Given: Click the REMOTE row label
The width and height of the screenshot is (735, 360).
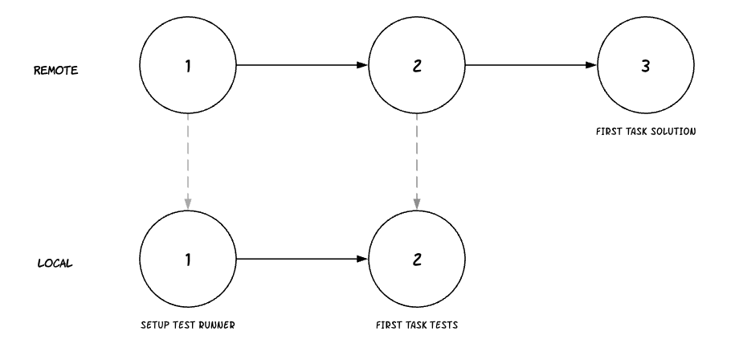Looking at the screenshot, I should coord(55,70).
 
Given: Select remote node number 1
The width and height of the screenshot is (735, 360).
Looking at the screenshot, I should coord(187,65).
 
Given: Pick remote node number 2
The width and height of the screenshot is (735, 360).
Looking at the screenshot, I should coord(416,65).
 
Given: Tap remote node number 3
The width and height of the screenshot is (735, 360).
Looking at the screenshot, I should coord(645,65).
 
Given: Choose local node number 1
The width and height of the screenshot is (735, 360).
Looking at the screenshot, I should coord(187,259).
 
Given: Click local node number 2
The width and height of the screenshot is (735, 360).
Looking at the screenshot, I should coord(416,259).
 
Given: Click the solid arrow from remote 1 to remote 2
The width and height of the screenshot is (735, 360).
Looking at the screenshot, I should coord(301,65).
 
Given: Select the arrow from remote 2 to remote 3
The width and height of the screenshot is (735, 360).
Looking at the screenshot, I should coord(530,65).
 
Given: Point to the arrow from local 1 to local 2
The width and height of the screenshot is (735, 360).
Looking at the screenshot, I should coord(301,259).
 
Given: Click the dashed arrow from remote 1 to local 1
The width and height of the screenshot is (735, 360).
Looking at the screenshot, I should coord(187,162).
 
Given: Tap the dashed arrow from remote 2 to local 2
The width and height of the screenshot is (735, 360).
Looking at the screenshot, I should coord(416,162).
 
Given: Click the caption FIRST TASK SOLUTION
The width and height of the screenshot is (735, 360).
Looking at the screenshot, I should coord(645,130).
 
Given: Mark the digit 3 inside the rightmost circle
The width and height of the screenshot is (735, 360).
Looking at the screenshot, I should coord(645,65).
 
